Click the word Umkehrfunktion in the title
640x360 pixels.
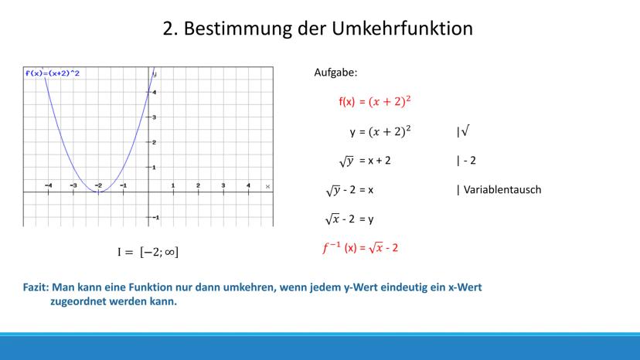402,29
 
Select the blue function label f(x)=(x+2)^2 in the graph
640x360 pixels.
53,73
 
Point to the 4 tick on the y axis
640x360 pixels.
154,92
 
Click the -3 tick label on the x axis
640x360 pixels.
73,185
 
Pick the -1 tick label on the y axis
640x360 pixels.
155,218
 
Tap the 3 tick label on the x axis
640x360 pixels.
223,185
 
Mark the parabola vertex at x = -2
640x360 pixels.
98,192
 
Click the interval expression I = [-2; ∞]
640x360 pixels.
148,252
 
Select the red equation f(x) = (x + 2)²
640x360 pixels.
375,101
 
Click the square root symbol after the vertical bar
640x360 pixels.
465,131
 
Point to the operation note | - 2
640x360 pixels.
466,161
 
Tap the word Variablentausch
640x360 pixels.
502,190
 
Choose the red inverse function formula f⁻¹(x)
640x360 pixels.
360,248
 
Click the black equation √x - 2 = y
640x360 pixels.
349,219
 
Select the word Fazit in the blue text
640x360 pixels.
36,287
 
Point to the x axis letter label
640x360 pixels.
267,186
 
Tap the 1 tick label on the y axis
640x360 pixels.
154,168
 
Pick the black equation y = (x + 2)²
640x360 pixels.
380,131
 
